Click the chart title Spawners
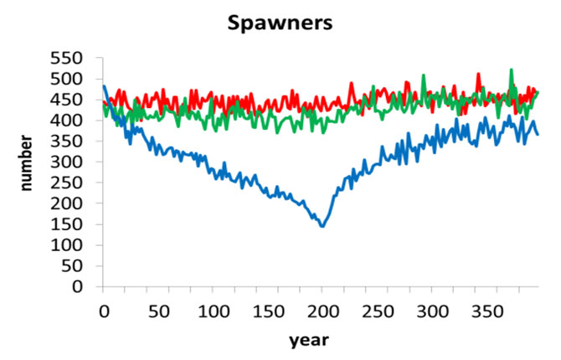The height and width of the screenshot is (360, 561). pos(280,23)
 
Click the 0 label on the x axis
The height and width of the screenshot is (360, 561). pos(104,311)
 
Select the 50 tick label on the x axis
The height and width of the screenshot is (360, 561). pos(158,311)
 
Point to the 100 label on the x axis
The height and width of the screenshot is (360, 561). pos(213,311)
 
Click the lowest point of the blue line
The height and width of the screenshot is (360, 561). pos(322,226)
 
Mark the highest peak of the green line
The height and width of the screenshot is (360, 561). pos(511,70)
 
